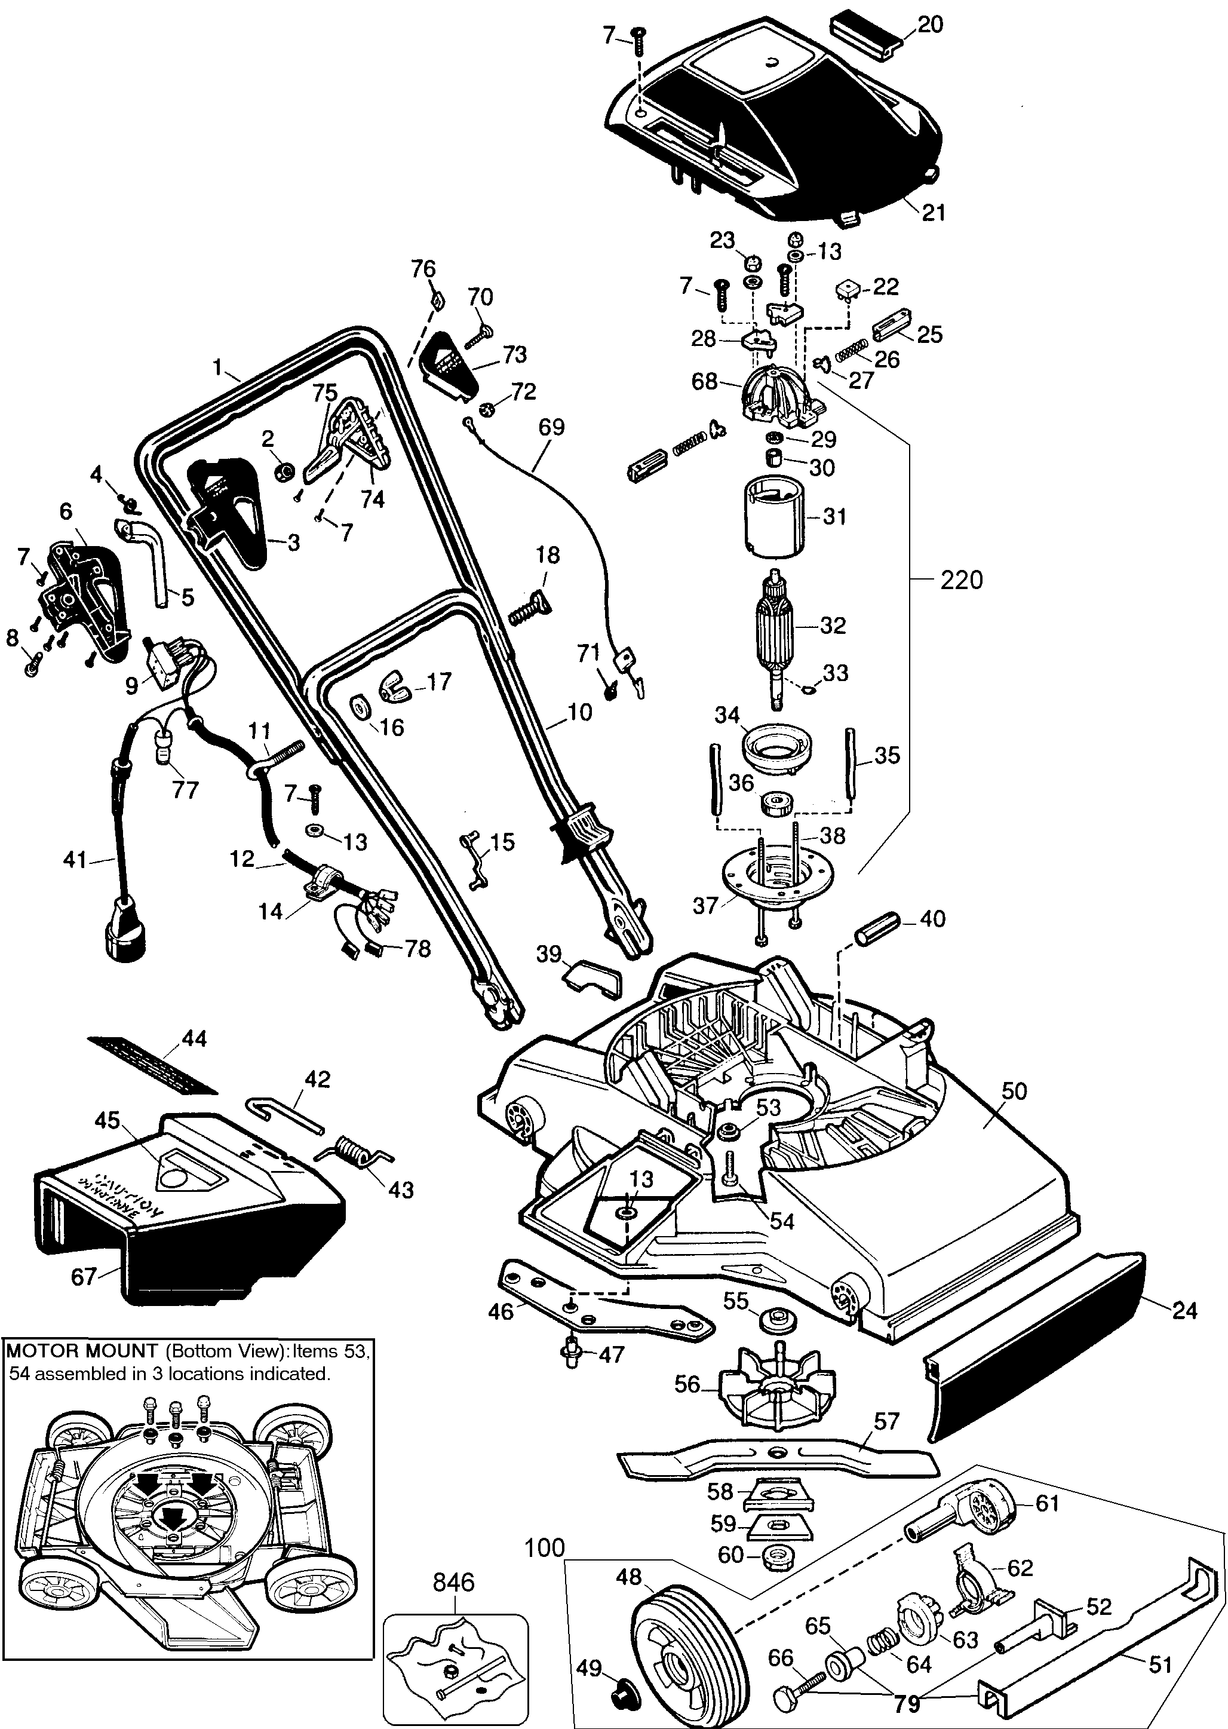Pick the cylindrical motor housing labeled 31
[x=770, y=517]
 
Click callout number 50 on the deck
[x=1014, y=1091]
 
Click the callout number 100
[x=545, y=1547]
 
